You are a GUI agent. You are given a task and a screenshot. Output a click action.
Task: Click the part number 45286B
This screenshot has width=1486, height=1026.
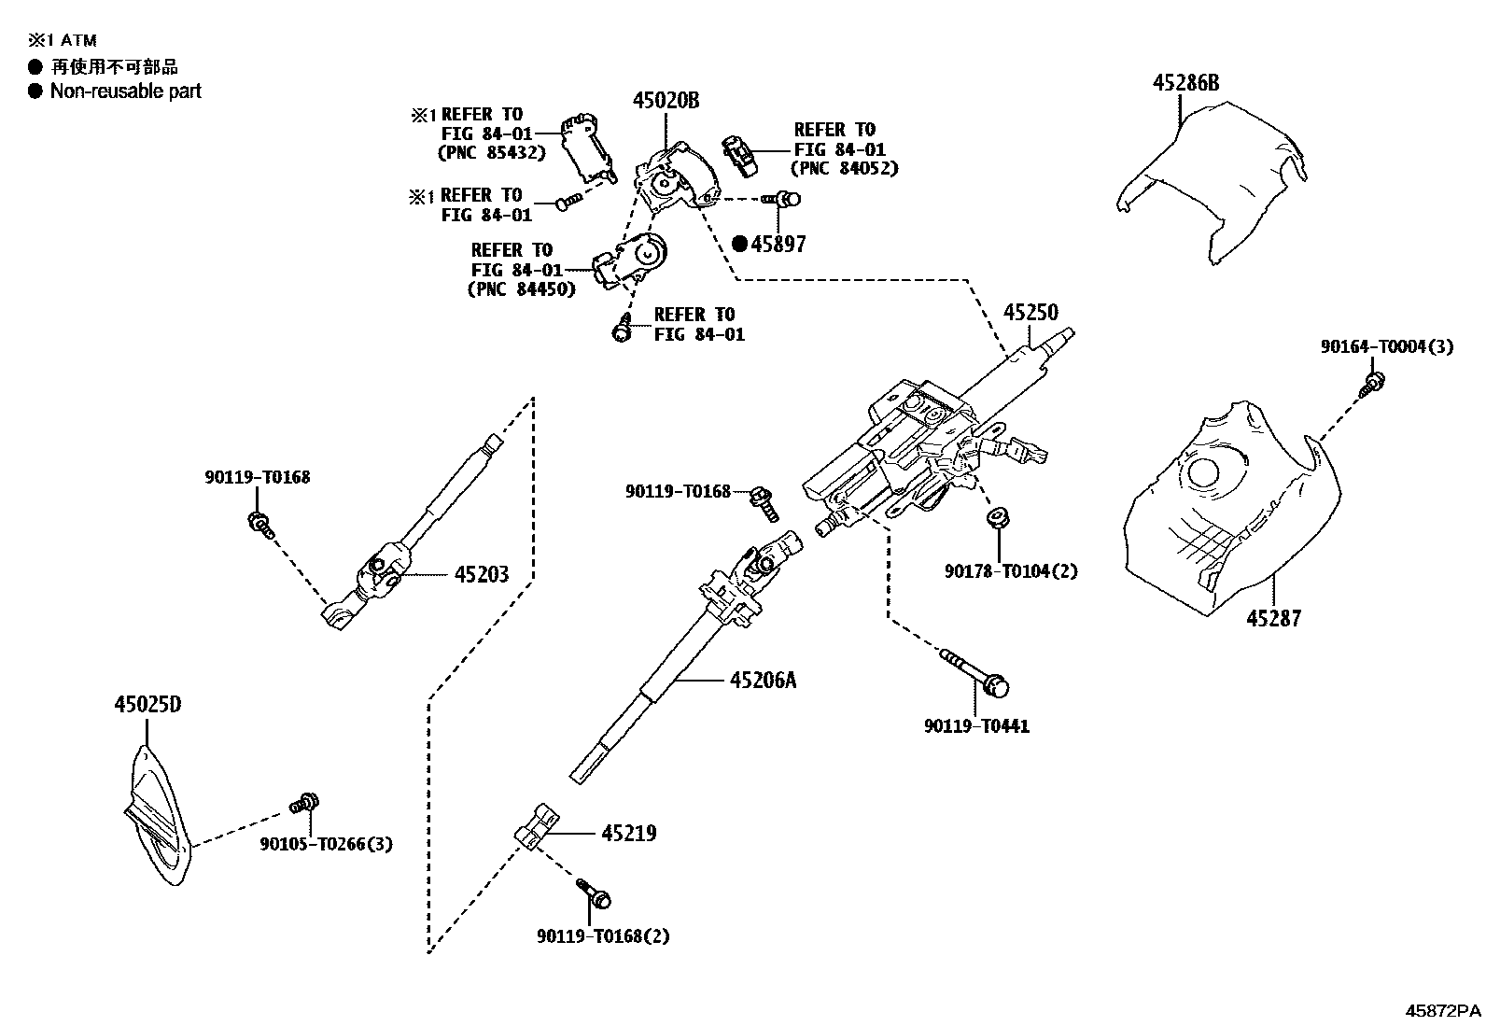point(1185,83)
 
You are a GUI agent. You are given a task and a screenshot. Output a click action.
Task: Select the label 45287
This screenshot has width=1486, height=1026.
point(1273,618)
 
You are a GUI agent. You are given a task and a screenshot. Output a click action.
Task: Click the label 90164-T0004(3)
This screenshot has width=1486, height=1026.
point(1386,346)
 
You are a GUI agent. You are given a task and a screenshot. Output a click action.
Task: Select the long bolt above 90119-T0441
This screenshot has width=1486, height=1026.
point(975,672)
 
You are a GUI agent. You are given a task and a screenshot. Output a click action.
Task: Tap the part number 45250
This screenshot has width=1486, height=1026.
point(1030,313)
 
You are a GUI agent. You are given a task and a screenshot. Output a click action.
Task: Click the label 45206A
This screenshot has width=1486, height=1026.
point(763,681)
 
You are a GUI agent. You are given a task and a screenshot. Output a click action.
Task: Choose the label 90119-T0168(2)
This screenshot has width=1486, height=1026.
point(603,935)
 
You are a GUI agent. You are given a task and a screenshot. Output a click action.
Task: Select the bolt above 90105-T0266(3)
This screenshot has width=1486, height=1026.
point(305,802)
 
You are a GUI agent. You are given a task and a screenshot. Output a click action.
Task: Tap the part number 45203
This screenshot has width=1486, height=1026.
point(482,574)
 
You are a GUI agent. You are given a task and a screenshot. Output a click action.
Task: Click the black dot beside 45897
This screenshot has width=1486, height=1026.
point(740,245)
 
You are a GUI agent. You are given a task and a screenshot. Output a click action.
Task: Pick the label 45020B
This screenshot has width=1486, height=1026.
point(666,100)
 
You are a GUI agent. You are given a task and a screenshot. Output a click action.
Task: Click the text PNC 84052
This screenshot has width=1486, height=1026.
point(844,168)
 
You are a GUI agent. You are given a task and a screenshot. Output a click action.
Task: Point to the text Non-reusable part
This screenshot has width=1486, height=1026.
point(125,91)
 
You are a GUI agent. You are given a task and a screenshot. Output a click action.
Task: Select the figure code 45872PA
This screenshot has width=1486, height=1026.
point(1443,1011)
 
